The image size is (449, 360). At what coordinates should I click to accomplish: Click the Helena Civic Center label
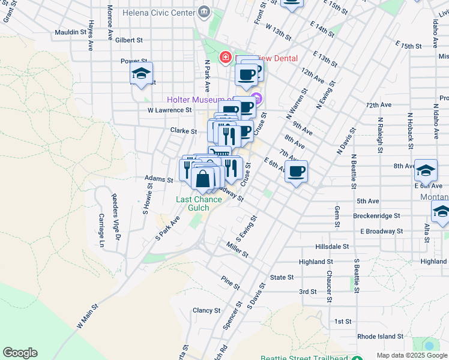click(x=158, y=11)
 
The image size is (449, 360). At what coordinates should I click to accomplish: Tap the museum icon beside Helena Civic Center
click(x=204, y=11)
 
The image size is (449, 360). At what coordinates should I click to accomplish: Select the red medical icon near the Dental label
click(x=226, y=58)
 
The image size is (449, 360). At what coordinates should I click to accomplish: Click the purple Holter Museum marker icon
click(x=258, y=98)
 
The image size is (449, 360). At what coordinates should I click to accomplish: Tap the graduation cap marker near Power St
click(x=141, y=74)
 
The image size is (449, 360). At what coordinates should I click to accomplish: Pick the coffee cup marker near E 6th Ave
click(x=296, y=172)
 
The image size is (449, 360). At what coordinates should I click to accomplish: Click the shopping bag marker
click(x=203, y=178)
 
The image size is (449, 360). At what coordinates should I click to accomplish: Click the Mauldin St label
click(x=71, y=32)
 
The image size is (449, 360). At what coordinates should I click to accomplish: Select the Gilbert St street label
click(x=129, y=40)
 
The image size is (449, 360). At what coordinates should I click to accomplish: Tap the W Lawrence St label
click(x=169, y=110)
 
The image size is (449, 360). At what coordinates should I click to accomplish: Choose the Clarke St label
click(x=183, y=130)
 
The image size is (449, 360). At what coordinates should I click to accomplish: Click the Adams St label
click(x=158, y=179)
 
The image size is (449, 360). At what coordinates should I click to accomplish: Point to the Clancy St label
click(x=206, y=310)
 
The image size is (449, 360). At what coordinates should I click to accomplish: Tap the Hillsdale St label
click(x=332, y=247)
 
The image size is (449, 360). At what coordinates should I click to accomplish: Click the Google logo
click(x=20, y=353)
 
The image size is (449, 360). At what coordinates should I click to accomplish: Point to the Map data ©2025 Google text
click(x=411, y=355)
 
